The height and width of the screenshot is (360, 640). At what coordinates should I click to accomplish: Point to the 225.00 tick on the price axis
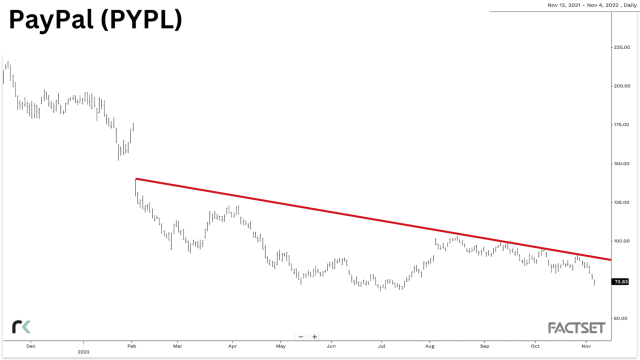(x=621, y=47)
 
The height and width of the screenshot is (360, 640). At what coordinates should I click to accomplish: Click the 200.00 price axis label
(x=621, y=86)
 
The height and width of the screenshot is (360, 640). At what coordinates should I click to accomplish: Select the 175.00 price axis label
(x=621, y=124)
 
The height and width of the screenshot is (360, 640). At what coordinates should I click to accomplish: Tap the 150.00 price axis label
(x=621, y=163)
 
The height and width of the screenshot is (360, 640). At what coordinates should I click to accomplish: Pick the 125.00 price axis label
(x=621, y=202)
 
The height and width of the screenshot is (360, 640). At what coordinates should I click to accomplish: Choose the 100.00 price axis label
(x=621, y=241)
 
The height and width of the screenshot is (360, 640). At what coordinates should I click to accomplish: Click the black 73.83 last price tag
(x=620, y=282)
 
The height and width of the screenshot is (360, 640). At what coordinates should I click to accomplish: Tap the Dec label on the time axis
(x=30, y=345)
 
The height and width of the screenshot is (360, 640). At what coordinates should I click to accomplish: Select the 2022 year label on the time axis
(x=83, y=352)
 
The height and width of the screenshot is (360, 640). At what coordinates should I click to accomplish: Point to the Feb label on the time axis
(x=132, y=345)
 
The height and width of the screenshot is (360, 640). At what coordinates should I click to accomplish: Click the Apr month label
(x=232, y=345)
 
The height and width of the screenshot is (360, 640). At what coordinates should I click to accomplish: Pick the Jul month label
(x=381, y=345)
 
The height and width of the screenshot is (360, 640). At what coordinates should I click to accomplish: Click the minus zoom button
(x=301, y=337)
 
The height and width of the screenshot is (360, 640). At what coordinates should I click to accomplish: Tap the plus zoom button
(x=314, y=337)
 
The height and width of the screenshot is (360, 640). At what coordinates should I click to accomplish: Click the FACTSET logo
(x=576, y=328)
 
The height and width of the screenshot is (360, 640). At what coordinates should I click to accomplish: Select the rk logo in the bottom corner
(x=21, y=326)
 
